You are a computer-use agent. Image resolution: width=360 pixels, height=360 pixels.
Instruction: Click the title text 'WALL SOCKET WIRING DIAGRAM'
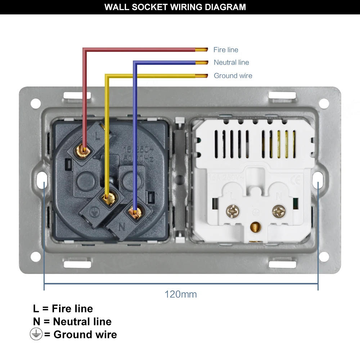pos(175,7)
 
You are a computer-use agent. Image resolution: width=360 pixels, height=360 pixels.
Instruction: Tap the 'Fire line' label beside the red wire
pos(226,50)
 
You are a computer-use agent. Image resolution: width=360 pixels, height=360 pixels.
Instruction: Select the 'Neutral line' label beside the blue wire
pos(231,62)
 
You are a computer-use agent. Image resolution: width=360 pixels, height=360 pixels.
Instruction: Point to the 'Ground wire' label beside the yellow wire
pos(233,76)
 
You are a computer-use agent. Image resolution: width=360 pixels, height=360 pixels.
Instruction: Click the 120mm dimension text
pos(181,294)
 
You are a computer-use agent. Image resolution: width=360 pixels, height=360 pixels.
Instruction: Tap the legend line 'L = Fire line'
pos(63,309)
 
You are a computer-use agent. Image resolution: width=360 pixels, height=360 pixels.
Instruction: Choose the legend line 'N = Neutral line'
pos(72,321)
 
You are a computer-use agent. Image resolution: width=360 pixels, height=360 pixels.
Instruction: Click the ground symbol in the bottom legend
pos(36,334)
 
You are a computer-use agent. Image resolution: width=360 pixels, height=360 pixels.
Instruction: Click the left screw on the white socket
pos(231,211)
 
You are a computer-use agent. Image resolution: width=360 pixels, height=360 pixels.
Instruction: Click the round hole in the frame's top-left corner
pos(35,103)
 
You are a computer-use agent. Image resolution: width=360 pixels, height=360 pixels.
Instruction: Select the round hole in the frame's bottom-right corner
pos(324,257)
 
